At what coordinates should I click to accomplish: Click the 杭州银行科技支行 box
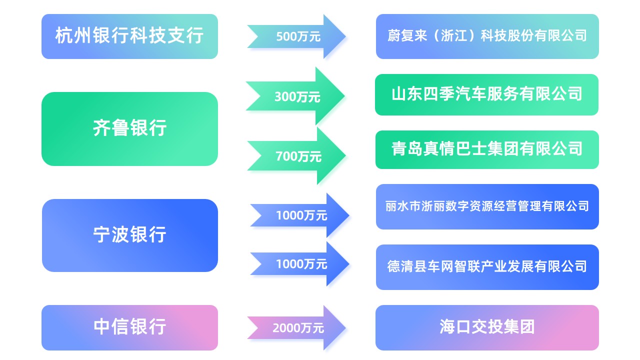[129, 36]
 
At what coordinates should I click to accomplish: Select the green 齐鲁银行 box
[129, 129]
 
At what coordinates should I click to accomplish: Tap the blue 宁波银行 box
[129, 235]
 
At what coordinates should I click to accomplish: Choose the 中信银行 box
[129, 327]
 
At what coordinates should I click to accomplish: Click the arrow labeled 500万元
[296, 36]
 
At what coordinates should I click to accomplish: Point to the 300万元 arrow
[295, 96]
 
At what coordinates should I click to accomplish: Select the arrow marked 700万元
[296, 155]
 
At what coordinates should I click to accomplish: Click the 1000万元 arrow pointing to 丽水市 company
[299, 215]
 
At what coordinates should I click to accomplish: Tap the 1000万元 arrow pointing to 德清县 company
[299, 264]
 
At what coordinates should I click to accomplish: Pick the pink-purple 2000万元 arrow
[296, 327]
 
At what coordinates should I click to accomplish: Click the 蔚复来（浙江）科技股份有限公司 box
[487, 36]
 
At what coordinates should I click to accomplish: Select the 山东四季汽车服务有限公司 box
[486, 95]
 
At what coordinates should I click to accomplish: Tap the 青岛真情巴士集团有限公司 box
[487, 149]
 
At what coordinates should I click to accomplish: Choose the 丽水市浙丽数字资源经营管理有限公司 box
[487, 206]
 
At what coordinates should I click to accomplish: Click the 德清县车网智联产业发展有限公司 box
[487, 267]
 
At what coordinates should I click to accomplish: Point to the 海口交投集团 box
[487, 327]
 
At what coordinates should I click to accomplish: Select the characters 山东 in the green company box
[407, 94]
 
